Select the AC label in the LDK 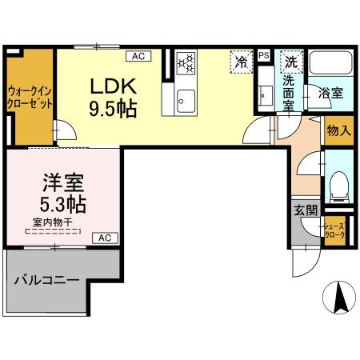[x=138, y=56]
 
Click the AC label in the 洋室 [x=105, y=238]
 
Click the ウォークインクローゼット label [x=30, y=98]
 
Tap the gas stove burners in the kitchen [x=186, y=62]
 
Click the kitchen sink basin [x=185, y=100]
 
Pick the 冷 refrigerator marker [x=241, y=61]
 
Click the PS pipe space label [x=263, y=56]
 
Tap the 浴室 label [x=331, y=93]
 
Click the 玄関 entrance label [x=304, y=210]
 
